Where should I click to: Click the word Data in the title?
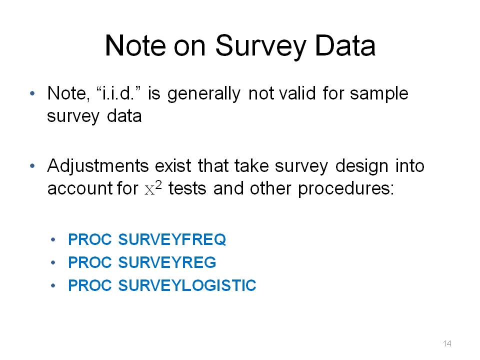point(345,46)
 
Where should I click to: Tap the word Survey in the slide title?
point(260,47)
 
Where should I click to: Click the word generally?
point(204,94)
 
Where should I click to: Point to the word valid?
point(297,93)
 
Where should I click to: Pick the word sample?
point(379,94)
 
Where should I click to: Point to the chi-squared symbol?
point(153,188)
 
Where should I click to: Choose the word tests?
point(187,188)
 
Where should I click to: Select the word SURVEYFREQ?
point(172,239)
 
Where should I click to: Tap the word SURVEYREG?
point(167,262)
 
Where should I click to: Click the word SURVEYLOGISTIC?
point(187,285)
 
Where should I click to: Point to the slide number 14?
point(447,343)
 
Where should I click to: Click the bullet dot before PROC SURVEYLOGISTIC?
point(53,285)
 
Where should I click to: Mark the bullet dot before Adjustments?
point(32,166)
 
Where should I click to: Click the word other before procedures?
point(270,188)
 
